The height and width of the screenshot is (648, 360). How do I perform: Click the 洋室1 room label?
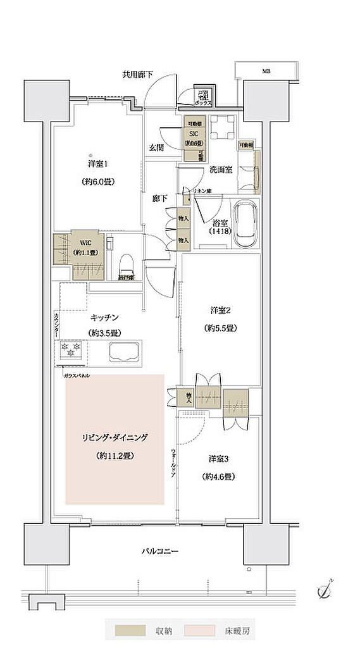click(97, 163)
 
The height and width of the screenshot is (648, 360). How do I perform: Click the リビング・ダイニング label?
click(115, 437)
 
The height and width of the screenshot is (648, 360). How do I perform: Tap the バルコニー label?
click(159, 551)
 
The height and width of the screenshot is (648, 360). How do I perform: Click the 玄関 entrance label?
click(156, 147)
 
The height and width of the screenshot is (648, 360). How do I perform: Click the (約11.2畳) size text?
click(115, 456)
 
